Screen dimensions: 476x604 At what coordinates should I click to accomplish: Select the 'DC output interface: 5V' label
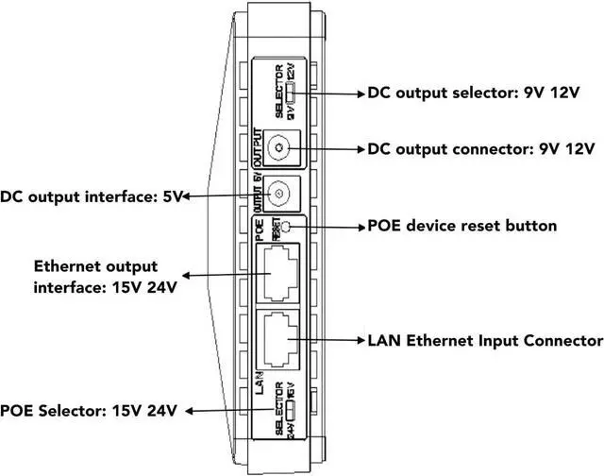tap(92, 196)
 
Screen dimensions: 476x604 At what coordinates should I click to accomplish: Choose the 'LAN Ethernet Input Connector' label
tap(485, 340)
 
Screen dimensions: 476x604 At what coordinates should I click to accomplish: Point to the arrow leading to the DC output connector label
tap(326, 149)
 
